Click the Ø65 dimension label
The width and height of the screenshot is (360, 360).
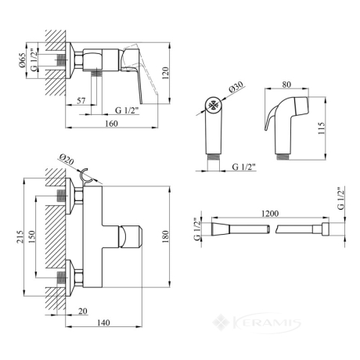tap(23, 61)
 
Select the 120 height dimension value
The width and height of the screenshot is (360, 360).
tap(166, 73)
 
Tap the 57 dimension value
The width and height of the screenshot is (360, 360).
tap(81, 100)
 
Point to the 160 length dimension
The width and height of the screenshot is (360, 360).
tap(111, 123)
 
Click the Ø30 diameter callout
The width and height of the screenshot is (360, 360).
tap(236, 86)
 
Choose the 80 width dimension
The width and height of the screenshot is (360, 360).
tap(286, 85)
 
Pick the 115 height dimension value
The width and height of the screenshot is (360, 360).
tap(322, 128)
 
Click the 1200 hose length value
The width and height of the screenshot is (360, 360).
tap(270, 214)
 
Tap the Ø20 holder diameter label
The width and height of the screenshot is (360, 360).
tap(67, 160)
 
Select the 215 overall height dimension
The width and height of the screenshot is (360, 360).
tap(20, 237)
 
